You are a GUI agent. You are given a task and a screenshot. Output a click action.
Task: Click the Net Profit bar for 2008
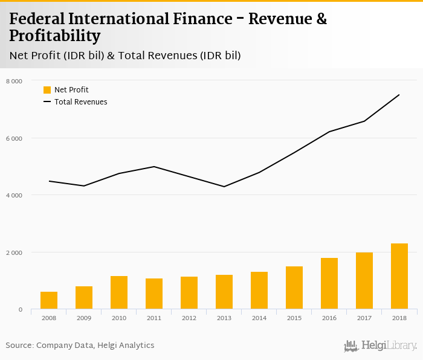(x=49, y=301)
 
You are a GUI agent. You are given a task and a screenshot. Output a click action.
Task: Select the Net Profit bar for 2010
(x=119, y=293)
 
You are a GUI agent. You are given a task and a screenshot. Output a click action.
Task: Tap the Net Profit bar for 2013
(x=224, y=292)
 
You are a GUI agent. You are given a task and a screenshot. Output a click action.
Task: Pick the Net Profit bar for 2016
(x=329, y=284)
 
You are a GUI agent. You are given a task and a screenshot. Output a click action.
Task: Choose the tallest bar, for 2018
(x=399, y=277)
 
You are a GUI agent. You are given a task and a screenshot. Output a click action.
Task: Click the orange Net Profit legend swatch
(x=47, y=90)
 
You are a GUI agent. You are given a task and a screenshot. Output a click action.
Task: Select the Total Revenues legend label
(x=80, y=102)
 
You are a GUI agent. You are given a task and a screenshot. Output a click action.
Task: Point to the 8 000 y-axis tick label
(x=14, y=81)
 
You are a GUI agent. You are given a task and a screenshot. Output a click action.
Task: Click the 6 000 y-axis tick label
(x=14, y=138)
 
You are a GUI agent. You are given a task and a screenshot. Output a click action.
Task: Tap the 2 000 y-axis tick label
(x=14, y=252)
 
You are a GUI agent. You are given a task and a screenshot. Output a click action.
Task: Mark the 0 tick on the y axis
(x=20, y=310)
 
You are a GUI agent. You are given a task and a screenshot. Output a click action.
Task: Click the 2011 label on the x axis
(x=154, y=318)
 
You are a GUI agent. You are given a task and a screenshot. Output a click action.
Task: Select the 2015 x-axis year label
(x=294, y=318)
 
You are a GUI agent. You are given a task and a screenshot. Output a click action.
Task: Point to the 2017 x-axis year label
(x=364, y=318)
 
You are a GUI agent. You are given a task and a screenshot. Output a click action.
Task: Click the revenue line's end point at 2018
(x=399, y=95)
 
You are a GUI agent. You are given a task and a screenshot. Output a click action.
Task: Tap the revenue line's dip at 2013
(x=224, y=187)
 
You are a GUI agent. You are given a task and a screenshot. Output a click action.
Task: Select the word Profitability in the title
(x=55, y=36)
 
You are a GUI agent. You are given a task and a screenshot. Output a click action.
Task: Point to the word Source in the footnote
(x=19, y=346)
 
